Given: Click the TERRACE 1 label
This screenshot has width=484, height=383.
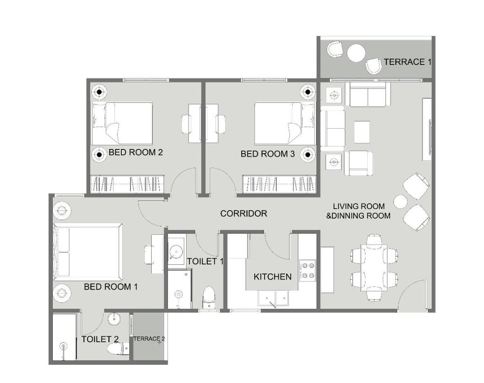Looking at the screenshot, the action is (408, 62).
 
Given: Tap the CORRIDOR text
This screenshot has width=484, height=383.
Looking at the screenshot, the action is (243, 214).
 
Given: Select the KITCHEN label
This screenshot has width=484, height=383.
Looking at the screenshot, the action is (273, 276).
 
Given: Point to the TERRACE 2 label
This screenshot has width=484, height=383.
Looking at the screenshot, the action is (149, 339).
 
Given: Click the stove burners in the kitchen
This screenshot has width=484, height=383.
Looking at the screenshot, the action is (307, 270).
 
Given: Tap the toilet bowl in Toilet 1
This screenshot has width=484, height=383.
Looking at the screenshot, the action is (209, 297).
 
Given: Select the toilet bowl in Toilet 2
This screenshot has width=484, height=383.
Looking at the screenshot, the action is (118, 348).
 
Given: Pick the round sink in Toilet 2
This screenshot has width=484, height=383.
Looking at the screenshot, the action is (114, 318).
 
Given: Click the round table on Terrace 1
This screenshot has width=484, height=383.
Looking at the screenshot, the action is (356, 53).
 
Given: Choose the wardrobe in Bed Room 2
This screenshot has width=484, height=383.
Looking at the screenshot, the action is (127, 184).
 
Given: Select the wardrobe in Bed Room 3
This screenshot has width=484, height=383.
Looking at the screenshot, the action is (279, 184).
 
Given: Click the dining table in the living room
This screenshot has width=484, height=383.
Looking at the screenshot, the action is (374, 268).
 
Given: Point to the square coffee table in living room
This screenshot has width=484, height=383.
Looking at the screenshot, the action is (362, 132).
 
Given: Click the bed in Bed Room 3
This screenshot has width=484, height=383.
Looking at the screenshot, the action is (285, 124).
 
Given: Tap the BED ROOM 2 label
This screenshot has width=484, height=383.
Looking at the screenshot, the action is (136, 152).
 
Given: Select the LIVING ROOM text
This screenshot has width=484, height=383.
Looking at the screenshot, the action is (359, 206).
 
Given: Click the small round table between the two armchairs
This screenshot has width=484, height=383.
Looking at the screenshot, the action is (400, 202).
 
